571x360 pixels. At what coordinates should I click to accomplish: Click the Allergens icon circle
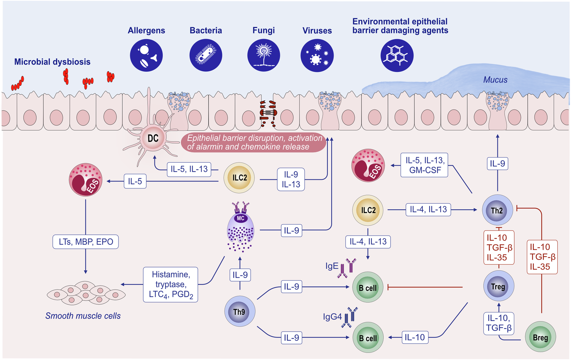click(x=146, y=55)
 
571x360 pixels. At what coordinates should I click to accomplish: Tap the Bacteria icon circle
click(x=206, y=55)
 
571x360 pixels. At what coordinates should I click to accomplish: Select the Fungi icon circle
click(x=263, y=55)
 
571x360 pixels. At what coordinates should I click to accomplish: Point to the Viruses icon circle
click(x=317, y=56)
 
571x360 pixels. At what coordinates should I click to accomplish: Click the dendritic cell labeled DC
click(x=152, y=138)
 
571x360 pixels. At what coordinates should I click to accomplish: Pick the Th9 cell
click(x=239, y=312)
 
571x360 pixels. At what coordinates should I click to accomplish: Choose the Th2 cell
click(x=497, y=210)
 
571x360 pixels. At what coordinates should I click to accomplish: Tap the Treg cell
click(x=498, y=286)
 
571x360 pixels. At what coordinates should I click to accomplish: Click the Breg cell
click(x=540, y=337)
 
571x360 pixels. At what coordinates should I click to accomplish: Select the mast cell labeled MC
click(x=240, y=228)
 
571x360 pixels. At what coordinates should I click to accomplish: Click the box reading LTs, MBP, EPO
click(x=86, y=242)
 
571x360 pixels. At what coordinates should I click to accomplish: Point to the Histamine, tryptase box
click(x=171, y=284)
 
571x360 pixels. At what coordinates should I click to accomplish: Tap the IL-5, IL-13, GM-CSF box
click(x=424, y=165)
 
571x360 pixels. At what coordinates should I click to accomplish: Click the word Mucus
click(x=495, y=80)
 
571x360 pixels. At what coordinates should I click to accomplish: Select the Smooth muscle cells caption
click(x=83, y=316)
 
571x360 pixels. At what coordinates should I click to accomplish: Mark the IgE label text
click(x=332, y=266)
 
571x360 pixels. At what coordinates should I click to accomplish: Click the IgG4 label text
click(x=332, y=317)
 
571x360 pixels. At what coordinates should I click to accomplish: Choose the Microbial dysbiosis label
click(x=52, y=62)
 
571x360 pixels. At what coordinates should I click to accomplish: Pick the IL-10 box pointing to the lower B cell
click(x=415, y=337)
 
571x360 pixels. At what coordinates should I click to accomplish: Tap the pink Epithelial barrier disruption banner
click(x=254, y=142)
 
